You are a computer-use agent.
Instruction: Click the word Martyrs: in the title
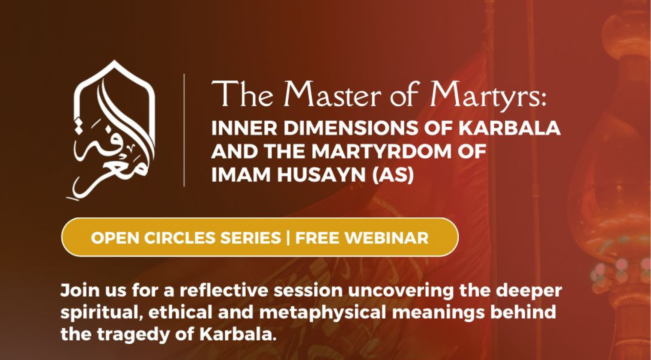click(489, 96)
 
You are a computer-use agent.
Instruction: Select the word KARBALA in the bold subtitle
click(510, 128)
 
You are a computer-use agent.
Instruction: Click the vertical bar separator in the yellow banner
click(288, 238)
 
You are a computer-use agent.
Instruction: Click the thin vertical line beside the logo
click(184, 130)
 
